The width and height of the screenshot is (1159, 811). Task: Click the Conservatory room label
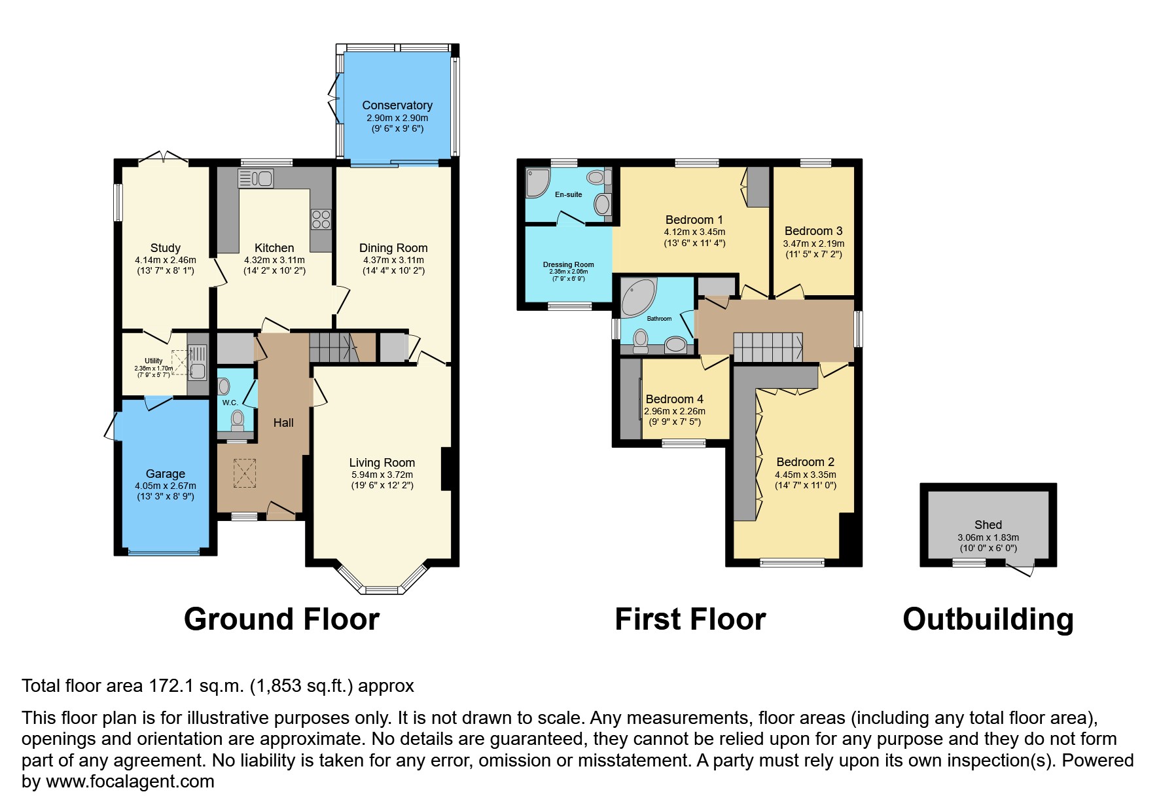[397, 105]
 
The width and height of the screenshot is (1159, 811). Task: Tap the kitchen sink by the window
[256, 178]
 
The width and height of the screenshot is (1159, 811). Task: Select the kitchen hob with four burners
[321, 219]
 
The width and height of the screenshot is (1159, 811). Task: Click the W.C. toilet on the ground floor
[237, 419]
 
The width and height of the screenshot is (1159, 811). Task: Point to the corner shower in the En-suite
[537, 183]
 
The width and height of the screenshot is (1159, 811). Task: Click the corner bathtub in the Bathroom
[637, 297]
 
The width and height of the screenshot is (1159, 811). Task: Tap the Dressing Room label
[568, 264]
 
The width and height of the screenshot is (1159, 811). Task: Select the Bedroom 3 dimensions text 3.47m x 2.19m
[813, 243]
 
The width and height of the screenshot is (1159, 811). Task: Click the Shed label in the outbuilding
[988, 524]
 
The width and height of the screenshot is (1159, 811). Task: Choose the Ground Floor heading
[281, 619]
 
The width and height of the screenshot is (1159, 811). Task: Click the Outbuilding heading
[988, 619]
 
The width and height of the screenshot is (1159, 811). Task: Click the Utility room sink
[196, 362]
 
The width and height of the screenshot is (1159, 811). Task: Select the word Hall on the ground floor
[283, 423]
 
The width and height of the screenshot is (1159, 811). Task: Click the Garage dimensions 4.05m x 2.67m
[165, 486]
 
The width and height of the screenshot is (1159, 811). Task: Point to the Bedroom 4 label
[674, 399]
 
